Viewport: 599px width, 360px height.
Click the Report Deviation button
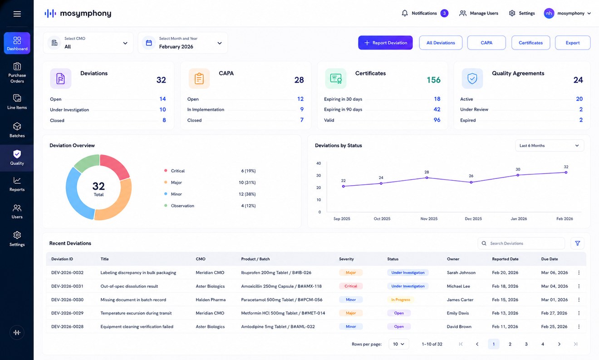pyautogui.click(x=385, y=43)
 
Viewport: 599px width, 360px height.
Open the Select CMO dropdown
pyautogui.click(x=88, y=43)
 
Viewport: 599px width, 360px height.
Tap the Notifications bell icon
pyautogui.click(x=405, y=13)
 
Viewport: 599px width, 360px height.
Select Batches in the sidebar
pyautogui.click(x=17, y=130)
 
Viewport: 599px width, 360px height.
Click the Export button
pyautogui.click(x=573, y=43)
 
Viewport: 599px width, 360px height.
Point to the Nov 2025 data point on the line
pyautogui.click(x=427, y=178)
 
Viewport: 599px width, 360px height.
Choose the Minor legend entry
pyautogui.click(x=176, y=194)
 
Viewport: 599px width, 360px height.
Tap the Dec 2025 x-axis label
pyautogui.click(x=473, y=218)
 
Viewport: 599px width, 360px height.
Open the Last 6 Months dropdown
pyautogui.click(x=549, y=145)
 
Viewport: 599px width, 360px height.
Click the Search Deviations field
pyautogui.click(x=521, y=243)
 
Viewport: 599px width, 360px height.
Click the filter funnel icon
pyautogui.click(x=578, y=243)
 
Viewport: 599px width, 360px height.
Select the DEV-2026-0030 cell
pyautogui.click(x=67, y=300)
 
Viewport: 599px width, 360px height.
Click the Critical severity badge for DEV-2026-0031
pyautogui.click(x=351, y=286)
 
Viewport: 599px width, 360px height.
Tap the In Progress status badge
pyautogui.click(x=401, y=300)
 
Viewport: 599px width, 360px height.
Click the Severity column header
pyautogui.click(x=346, y=259)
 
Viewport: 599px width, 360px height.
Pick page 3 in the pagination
pyautogui.click(x=526, y=344)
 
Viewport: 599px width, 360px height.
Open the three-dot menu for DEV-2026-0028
pyautogui.click(x=579, y=326)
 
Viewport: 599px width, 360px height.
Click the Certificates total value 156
pyautogui.click(x=433, y=80)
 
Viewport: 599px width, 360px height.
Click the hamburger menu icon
pyautogui.click(x=17, y=14)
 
